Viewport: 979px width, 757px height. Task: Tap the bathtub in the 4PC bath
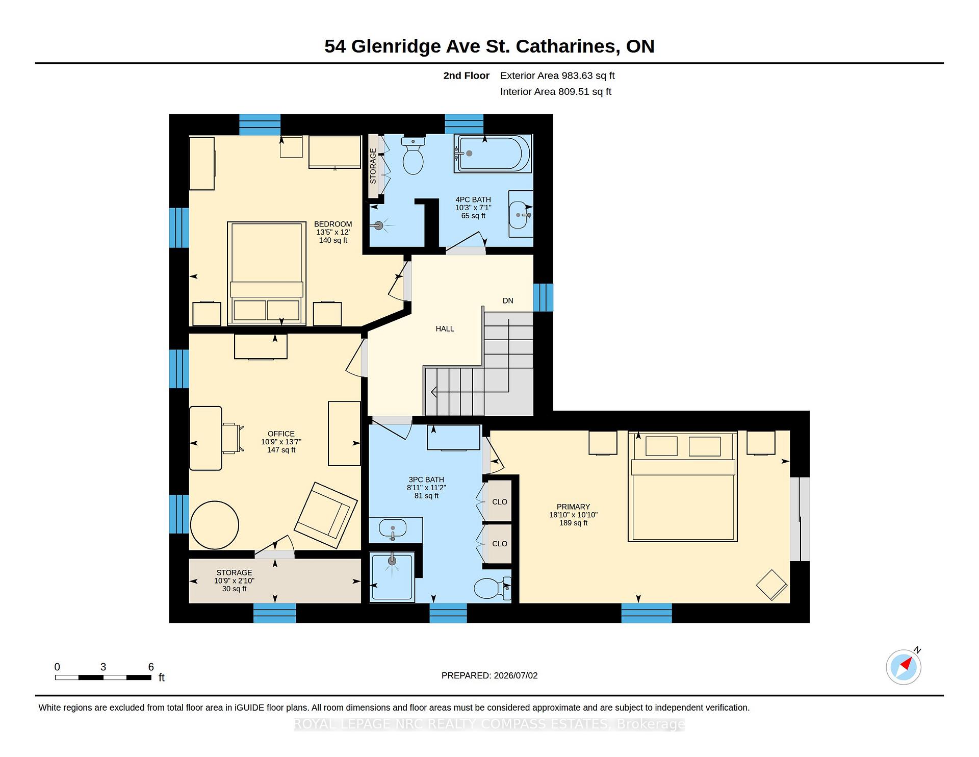pyautogui.click(x=493, y=154)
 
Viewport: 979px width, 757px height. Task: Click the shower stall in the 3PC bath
pyautogui.click(x=392, y=577)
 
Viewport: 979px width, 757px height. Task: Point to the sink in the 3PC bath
pyautogui.click(x=393, y=529)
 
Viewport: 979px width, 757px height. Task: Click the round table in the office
pyautogui.click(x=215, y=525)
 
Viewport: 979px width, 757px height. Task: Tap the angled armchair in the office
pyautogui.click(x=326, y=515)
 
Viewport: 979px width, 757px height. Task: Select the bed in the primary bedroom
pyautogui.click(x=683, y=486)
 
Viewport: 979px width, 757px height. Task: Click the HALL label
pyautogui.click(x=445, y=329)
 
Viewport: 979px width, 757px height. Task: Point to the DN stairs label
pyautogui.click(x=508, y=301)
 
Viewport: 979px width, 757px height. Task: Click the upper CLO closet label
pyautogui.click(x=500, y=502)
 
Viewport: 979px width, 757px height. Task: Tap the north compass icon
pyautogui.click(x=904, y=666)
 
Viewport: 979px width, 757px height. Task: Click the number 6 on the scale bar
pyautogui.click(x=151, y=667)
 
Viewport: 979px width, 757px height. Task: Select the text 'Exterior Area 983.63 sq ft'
pyautogui.click(x=557, y=76)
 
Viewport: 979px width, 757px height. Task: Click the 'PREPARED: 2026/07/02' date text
pyautogui.click(x=489, y=675)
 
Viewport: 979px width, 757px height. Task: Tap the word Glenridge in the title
pyautogui.click(x=396, y=46)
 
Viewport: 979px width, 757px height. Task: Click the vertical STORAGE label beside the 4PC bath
pyautogui.click(x=373, y=166)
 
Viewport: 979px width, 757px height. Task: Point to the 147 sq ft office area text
pyautogui.click(x=281, y=450)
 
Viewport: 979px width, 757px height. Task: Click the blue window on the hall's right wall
pyautogui.click(x=543, y=297)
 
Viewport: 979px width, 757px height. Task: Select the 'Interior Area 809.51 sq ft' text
pyautogui.click(x=556, y=92)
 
